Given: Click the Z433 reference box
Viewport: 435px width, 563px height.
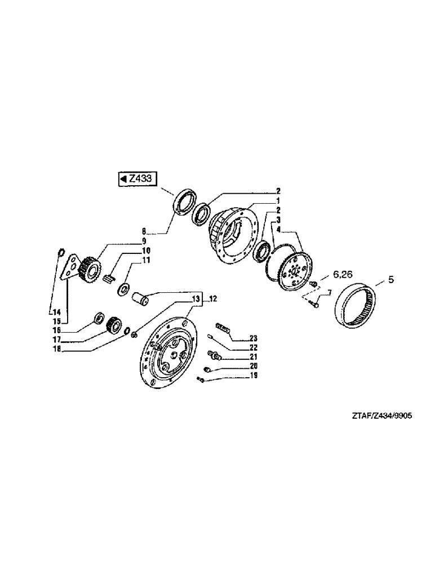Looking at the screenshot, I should (x=136, y=178).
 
